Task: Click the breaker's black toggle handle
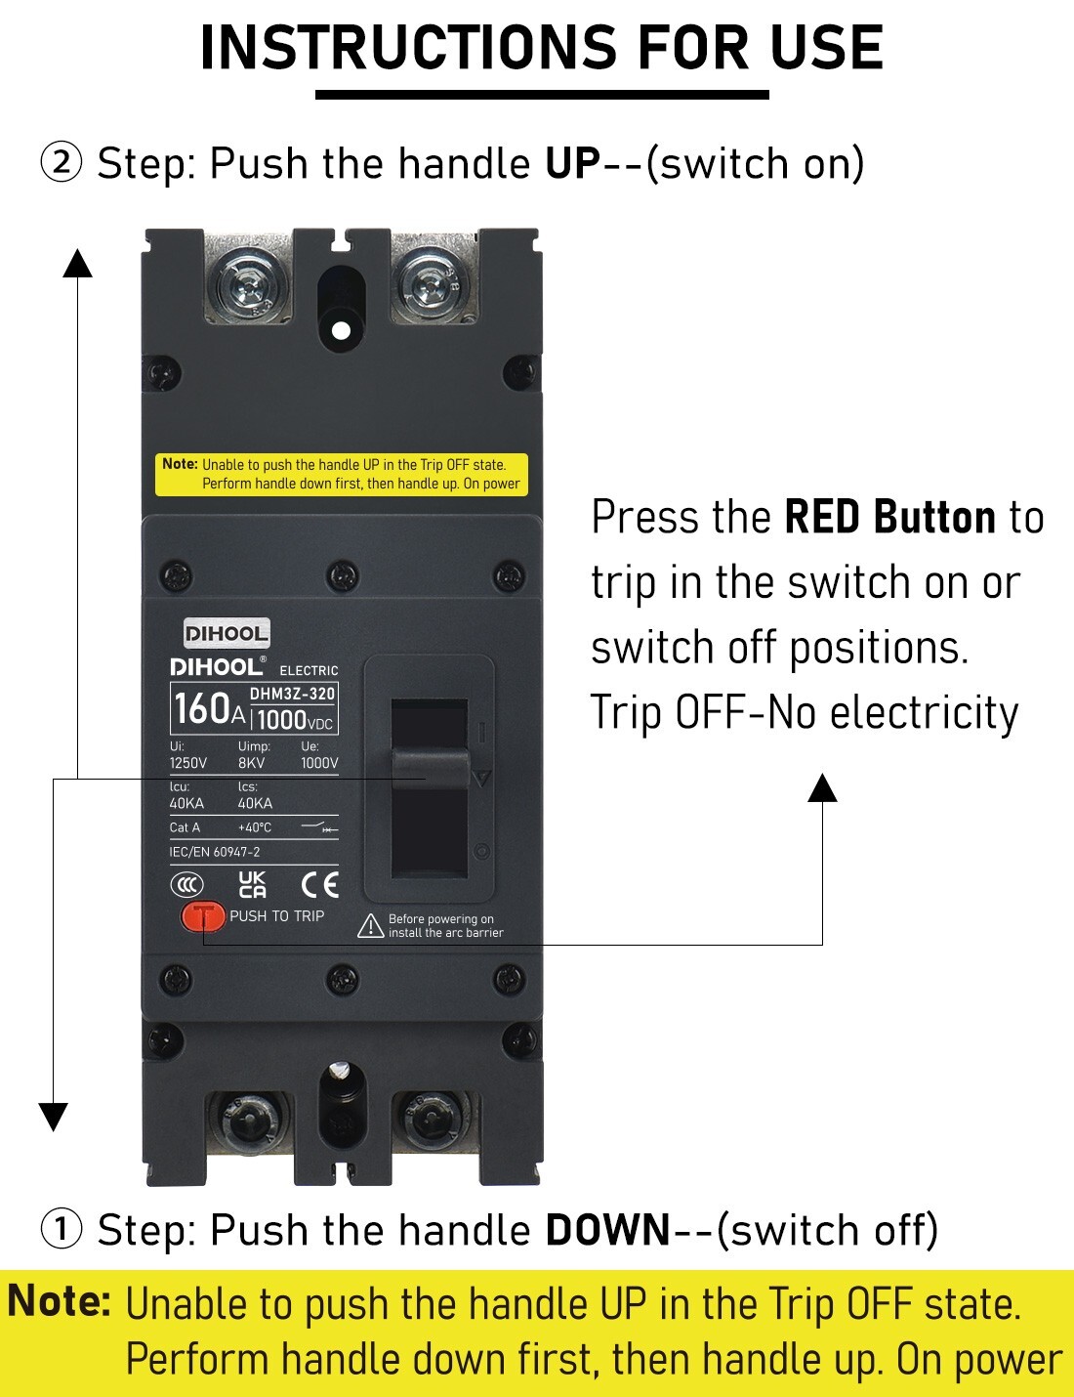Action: point(430,768)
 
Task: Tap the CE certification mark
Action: point(320,886)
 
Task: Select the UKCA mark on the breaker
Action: point(252,885)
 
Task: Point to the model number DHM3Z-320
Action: point(292,694)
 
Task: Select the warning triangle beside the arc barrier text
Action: point(371,926)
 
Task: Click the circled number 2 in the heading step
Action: point(61,163)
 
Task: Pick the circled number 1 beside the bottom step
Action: point(61,1229)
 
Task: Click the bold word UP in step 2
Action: point(572,164)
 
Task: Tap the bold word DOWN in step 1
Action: point(607,1230)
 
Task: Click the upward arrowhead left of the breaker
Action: point(78,263)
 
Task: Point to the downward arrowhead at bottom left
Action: point(54,1117)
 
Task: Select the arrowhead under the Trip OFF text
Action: point(822,787)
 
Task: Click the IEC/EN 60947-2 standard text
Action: point(215,852)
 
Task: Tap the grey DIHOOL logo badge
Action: point(227,634)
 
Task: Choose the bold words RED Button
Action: point(890,517)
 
